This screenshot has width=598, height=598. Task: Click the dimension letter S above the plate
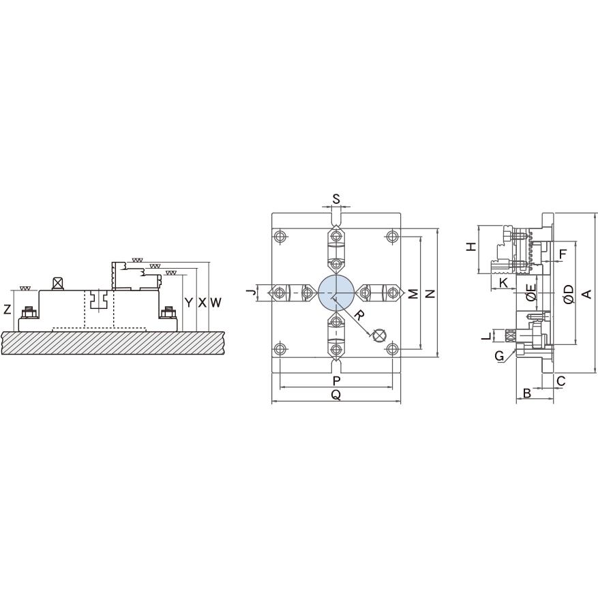pyautogui.click(x=336, y=199)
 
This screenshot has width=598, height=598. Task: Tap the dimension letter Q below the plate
pyautogui.click(x=336, y=395)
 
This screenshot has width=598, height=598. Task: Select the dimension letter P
pyautogui.click(x=336, y=380)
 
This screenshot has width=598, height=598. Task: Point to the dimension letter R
pyautogui.click(x=359, y=316)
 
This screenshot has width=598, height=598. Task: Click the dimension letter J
pyautogui.click(x=250, y=293)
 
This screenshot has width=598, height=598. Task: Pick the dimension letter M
pyautogui.click(x=413, y=294)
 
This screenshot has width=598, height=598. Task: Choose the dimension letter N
pyautogui.click(x=430, y=294)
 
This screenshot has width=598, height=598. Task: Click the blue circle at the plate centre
pyautogui.click(x=336, y=293)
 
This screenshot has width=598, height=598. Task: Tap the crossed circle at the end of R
pyautogui.click(x=379, y=335)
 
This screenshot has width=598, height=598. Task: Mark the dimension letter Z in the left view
pyautogui.click(x=8, y=310)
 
